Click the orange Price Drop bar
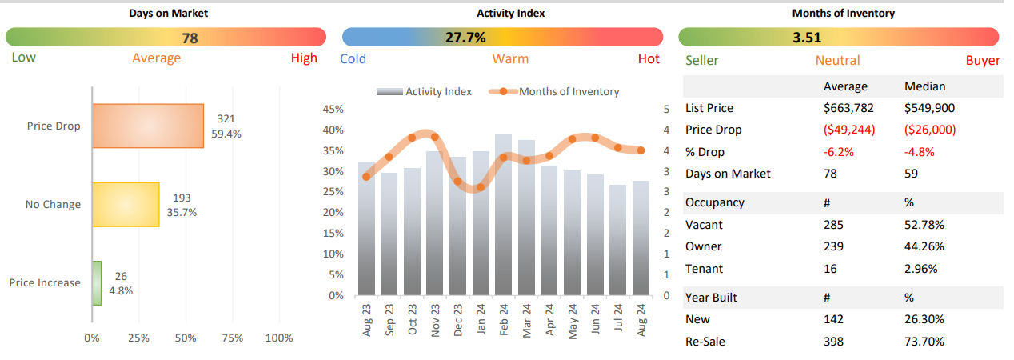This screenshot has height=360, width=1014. click(148, 126)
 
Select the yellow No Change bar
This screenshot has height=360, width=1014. click(126, 204)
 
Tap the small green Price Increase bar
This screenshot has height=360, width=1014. click(97, 282)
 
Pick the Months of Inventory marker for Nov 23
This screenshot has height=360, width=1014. click(434, 137)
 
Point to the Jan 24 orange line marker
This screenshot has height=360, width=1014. click(480, 188)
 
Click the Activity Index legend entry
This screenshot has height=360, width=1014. click(425, 92)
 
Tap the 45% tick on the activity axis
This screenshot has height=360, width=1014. click(333, 110)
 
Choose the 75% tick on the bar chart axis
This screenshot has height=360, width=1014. click(233, 338)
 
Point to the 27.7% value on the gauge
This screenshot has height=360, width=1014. click(465, 37)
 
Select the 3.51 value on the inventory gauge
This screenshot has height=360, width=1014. click(807, 37)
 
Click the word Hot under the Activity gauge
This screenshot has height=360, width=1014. click(649, 58)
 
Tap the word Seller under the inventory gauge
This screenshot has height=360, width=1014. click(702, 61)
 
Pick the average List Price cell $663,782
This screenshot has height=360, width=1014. click(850, 108)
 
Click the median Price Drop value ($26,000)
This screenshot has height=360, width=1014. click(930, 130)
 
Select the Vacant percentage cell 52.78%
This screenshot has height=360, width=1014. click(924, 225)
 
